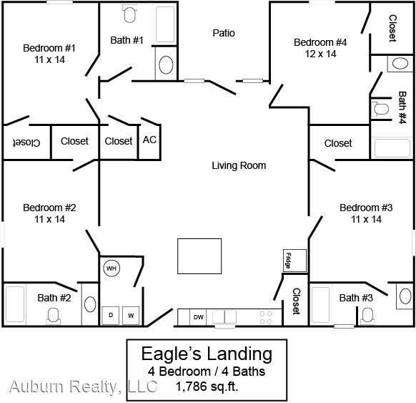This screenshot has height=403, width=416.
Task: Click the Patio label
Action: pyautogui.click(x=223, y=33)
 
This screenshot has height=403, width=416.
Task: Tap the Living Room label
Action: pyautogui.click(x=239, y=165)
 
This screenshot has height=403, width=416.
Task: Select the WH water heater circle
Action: pyautogui.click(x=112, y=268)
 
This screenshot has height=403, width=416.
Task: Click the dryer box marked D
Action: pyautogui.click(x=112, y=314)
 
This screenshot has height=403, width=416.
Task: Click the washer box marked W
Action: pyautogui.click(x=131, y=314)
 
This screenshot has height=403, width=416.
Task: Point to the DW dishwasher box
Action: pyautogui.click(x=198, y=316)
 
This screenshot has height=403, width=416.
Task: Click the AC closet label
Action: pyautogui.click(x=149, y=140)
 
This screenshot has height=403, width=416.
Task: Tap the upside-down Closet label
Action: pyautogui.click(x=25, y=142)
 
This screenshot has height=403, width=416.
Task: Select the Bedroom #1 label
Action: pyautogui.click(x=49, y=48)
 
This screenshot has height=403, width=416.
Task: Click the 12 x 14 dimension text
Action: pyautogui.click(x=320, y=54)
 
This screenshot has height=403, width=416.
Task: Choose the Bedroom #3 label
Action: pyautogui.click(x=366, y=208)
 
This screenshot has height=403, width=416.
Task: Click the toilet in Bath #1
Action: pyautogui.click(x=129, y=14)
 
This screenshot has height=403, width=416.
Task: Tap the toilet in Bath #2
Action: pyautogui.click(x=53, y=315)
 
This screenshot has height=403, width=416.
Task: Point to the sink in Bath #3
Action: pyautogui.click(x=405, y=295)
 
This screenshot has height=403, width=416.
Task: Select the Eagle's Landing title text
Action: pyautogui.click(x=207, y=354)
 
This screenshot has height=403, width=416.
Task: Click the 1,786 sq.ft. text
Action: pyautogui.click(x=207, y=387)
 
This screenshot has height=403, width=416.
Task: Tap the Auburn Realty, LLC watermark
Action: pyautogui.click(x=83, y=387)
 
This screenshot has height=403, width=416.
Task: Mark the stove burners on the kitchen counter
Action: pyautogui.click(x=265, y=317)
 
